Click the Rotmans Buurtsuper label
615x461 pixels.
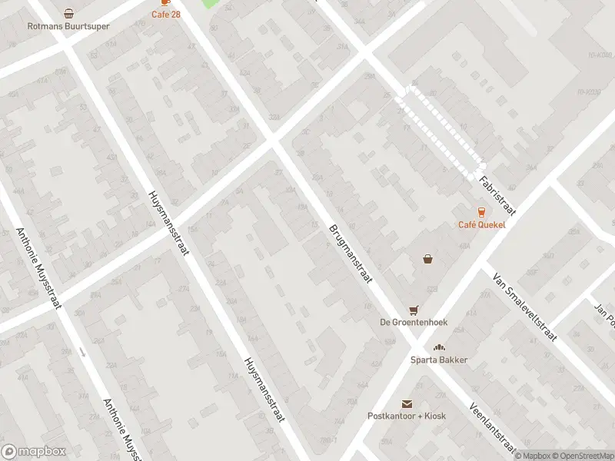coord(68,26)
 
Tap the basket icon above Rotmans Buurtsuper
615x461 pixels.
coord(69,13)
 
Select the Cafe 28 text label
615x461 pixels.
coord(165,15)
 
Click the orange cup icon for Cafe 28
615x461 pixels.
coord(165,3)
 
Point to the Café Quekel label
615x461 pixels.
coord(481,224)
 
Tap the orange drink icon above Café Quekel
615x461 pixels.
coord(481,211)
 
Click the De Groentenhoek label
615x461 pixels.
coord(414,323)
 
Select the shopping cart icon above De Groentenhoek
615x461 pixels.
coord(414,310)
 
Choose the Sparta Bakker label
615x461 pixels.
coord(439,360)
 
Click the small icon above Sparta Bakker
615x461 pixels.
coord(439,347)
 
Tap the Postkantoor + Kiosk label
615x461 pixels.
coord(407,416)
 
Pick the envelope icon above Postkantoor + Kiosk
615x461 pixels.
coord(407,403)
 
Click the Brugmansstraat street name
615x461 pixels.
coord(351,253)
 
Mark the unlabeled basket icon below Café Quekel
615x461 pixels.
coord(427,259)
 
